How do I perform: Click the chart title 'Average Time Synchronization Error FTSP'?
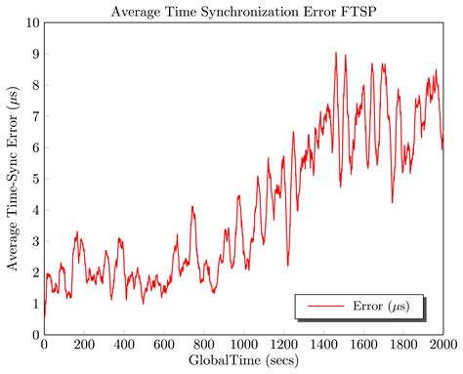[243, 11]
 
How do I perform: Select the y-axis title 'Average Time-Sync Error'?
[13, 178]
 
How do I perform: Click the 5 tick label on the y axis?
[34, 179]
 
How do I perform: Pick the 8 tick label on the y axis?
[34, 85]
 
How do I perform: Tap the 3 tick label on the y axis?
[34, 241]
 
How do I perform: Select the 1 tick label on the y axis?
[34, 304]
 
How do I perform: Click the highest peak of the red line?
[336, 53]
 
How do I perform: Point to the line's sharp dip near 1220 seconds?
[287, 265]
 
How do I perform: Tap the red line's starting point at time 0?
[44, 316]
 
